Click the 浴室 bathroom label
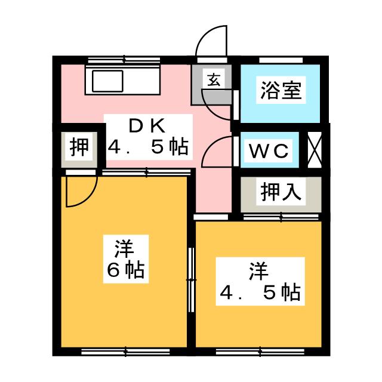coord(280,91)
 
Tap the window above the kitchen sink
coord(124,59)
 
